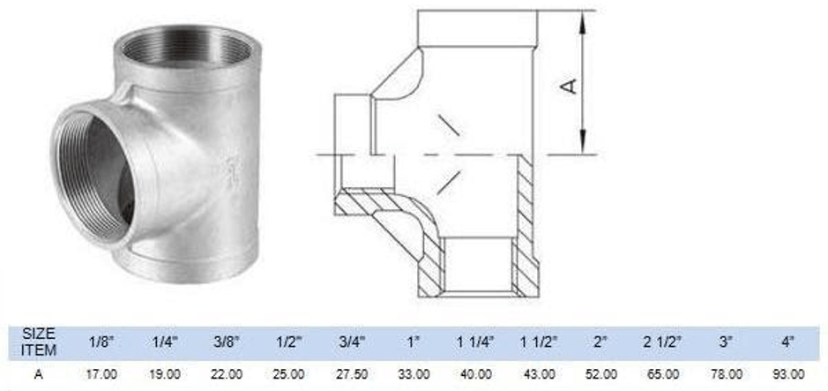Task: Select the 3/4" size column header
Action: tap(349, 341)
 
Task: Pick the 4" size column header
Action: tap(787, 341)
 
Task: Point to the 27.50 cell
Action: tap(349, 373)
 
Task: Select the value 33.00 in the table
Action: tap(413, 373)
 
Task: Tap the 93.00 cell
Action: tap(787, 373)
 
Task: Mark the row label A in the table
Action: tap(39, 373)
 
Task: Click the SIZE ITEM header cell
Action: tap(39, 341)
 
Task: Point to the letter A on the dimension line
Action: tap(570, 85)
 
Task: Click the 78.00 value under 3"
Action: tap(725, 373)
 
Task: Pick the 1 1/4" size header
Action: tap(475, 341)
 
